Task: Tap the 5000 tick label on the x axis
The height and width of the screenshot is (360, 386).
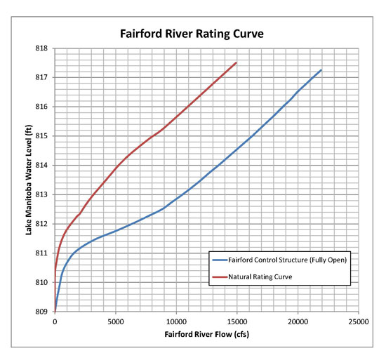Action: pos(116,322)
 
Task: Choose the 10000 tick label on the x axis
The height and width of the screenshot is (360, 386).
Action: pos(176,322)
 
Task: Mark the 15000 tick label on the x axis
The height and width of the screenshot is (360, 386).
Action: pos(237,322)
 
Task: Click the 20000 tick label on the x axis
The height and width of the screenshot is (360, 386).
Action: pos(298,322)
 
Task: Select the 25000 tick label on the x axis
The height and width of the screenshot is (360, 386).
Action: pos(358,322)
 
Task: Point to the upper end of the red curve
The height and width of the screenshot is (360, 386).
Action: pos(237,62)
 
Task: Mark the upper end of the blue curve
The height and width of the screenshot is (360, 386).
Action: pos(321,70)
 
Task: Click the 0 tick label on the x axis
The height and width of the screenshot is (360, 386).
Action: pos(55,322)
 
